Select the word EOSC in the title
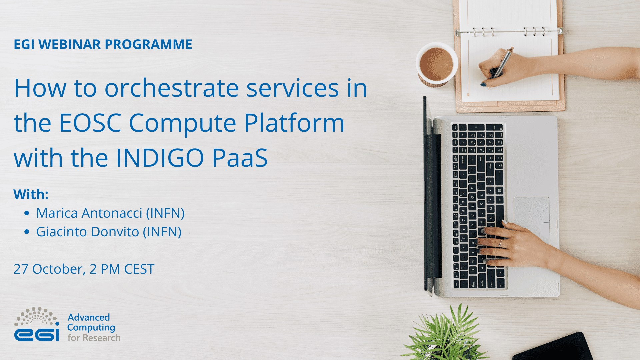90,123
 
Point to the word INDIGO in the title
160,158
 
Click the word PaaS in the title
240,158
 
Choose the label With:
31,194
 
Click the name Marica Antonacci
89,213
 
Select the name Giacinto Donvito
88,232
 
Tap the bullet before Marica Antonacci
27,213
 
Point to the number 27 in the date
21,269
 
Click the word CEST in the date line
139,269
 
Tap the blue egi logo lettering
37,335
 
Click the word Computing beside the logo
91,328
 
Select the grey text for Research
94,338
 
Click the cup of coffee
436,64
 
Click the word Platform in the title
294,123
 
